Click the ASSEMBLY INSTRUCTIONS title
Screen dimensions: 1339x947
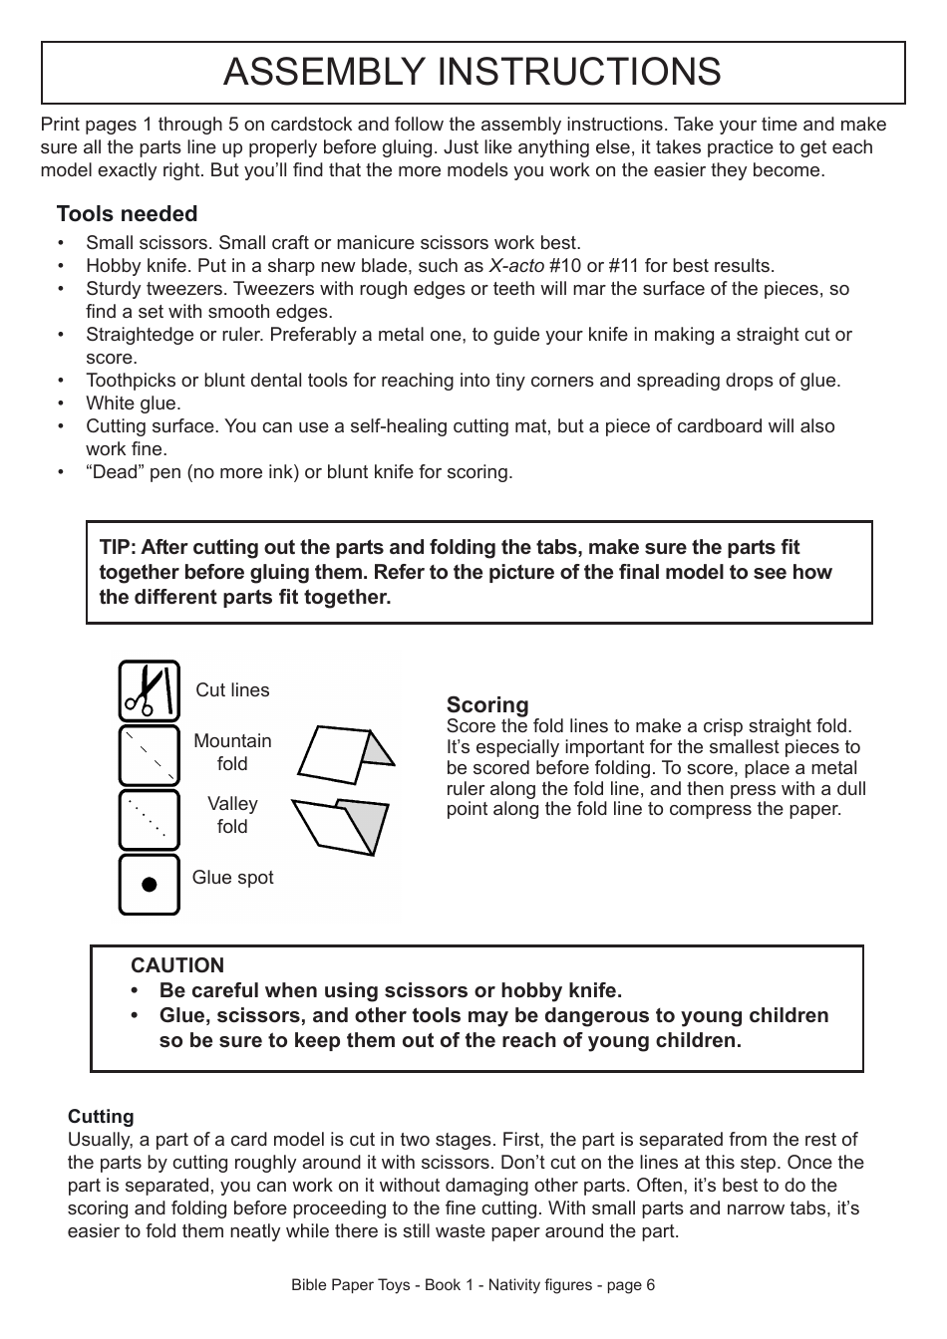[x=473, y=72]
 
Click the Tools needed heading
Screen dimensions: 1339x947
[x=127, y=214]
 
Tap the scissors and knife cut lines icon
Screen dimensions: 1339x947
[x=150, y=690]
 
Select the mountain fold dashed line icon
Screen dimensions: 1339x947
[x=150, y=754]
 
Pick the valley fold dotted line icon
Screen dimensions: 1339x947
[x=150, y=819]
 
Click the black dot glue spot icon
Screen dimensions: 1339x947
[x=150, y=884]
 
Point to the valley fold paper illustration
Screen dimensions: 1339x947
[x=339, y=824]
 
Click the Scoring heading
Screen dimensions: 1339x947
[x=487, y=705]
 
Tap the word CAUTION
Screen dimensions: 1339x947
[x=177, y=965]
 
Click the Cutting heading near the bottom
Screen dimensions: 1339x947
[x=101, y=1117]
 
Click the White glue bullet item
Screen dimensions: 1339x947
[x=133, y=403]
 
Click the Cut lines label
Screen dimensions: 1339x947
[x=232, y=690]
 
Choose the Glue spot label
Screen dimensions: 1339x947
[x=232, y=878]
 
